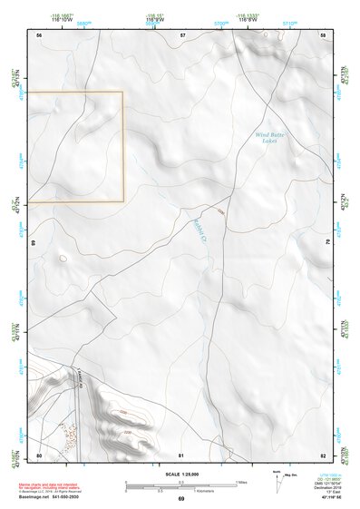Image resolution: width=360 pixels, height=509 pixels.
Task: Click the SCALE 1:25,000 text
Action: tap(180, 474)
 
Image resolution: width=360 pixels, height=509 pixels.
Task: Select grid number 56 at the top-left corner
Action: tap(39, 34)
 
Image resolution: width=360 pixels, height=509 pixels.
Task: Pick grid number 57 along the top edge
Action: tap(182, 34)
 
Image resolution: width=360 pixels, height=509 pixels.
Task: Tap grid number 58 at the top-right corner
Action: tap(323, 34)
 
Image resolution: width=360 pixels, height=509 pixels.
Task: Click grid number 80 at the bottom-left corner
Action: tap(39, 455)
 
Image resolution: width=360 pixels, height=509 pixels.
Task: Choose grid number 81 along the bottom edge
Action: tap(181, 455)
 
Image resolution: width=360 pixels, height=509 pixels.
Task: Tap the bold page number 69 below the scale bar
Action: tap(180, 500)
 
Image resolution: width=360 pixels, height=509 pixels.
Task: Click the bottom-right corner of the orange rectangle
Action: tap(123, 201)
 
